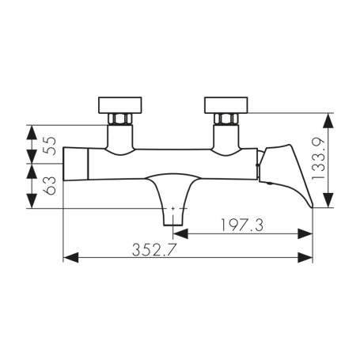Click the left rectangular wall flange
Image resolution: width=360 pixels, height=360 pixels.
click(x=120, y=104)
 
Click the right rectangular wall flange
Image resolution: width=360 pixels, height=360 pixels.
click(x=227, y=104)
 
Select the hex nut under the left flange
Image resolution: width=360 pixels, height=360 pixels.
click(x=120, y=119)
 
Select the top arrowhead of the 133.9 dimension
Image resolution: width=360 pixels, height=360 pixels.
click(x=328, y=116)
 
